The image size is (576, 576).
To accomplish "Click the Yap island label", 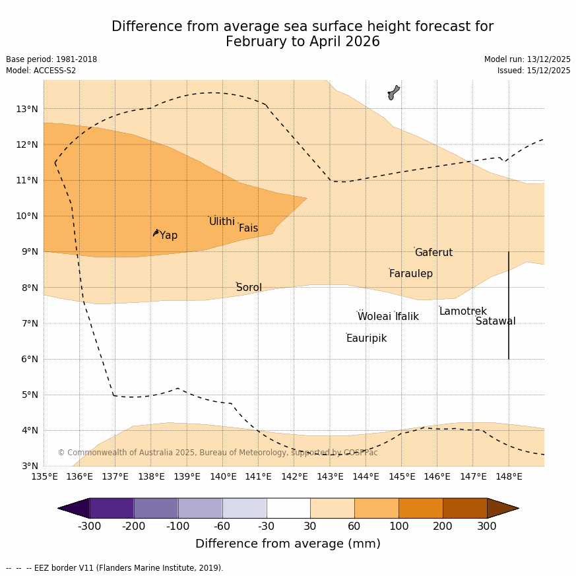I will click(x=168, y=236).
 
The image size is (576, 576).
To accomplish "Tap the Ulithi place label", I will click(x=222, y=222).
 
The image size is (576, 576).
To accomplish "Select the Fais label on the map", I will click(x=248, y=228).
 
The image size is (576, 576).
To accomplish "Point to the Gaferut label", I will click(x=433, y=253).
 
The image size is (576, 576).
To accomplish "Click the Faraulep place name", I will click(x=410, y=274).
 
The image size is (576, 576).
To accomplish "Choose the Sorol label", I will click(x=249, y=288).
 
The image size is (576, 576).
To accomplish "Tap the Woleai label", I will click(x=374, y=317).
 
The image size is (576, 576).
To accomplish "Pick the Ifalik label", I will click(x=407, y=317).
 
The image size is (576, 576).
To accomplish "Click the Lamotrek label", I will click(x=463, y=311).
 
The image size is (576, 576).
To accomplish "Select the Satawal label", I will click(x=496, y=321).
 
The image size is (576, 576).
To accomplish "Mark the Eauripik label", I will click(x=366, y=338).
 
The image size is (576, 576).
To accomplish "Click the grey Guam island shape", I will click(x=393, y=92).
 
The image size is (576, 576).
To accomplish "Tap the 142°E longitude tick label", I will click(x=294, y=476).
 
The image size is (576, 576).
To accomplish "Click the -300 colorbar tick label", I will click(x=89, y=527).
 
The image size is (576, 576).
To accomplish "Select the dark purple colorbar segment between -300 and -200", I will click(x=112, y=508).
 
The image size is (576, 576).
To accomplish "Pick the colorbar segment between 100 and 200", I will click(x=420, y=508).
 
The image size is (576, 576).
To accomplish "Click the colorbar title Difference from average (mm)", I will click(x=288, y=544).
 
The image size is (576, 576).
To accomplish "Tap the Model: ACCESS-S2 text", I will click(x=41, y=71).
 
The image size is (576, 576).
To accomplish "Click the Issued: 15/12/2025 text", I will click(x=534, y=71).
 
